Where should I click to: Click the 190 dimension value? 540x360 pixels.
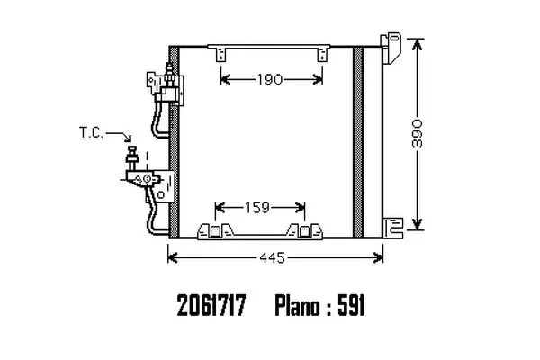269,80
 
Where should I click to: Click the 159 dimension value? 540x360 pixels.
256,208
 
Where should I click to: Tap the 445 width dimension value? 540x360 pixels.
273,257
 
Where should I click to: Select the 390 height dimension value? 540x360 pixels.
417,133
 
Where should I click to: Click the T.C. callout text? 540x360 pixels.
91,132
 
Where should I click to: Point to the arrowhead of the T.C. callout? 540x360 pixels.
129,139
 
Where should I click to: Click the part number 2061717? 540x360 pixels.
211,305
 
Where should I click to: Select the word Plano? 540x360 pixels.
297,306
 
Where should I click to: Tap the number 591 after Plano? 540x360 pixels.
351,305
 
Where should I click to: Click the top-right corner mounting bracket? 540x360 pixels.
391,48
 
